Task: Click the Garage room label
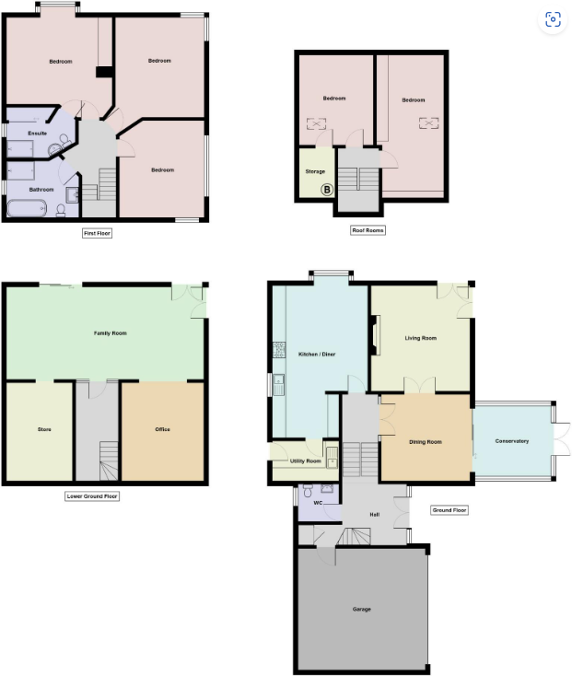[x=361, y=610]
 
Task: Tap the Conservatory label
[x=512, y=441]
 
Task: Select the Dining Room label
[x=425, y=442]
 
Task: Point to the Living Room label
[x=420, y=338]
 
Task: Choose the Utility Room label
[x=305, y=460]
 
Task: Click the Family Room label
[x=111, y=332]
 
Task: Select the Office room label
[x=162, y=429]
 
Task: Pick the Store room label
[x=44, y=430]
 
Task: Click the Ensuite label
[x=37, y=134]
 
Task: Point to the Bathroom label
[x=41, y=190]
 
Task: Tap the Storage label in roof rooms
[x=315, y=171]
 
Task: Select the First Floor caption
[x=97, y=234]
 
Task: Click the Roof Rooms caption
[x=368, y=230]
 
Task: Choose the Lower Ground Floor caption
[x=93, y=495]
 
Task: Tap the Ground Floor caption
[x=449, y=510]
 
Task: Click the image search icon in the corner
[x=553, y=20]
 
